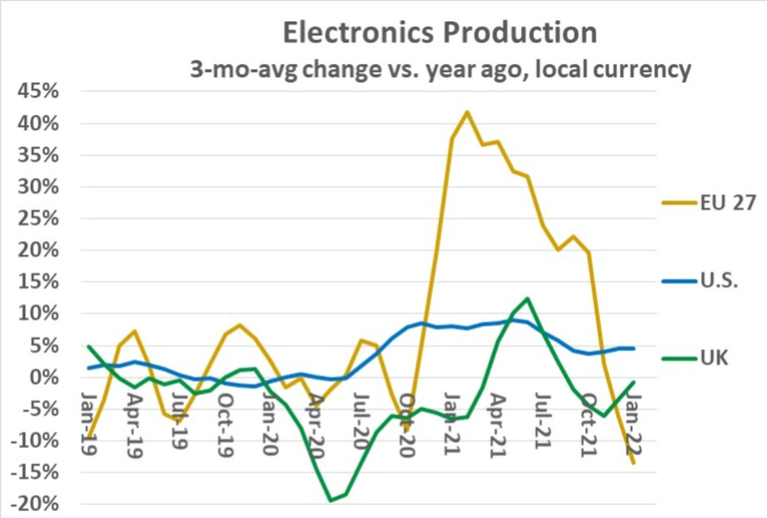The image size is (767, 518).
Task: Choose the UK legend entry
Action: [x=714, y=358]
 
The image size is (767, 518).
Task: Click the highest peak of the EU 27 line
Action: [x=467, y=111]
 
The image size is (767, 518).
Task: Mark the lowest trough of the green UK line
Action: [x=330, y=500]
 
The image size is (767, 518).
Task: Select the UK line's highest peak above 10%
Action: [x=527, y=298]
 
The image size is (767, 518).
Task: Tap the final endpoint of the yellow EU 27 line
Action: [x=633, y=462]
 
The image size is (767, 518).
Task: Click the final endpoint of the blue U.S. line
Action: [x=633, y=349]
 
